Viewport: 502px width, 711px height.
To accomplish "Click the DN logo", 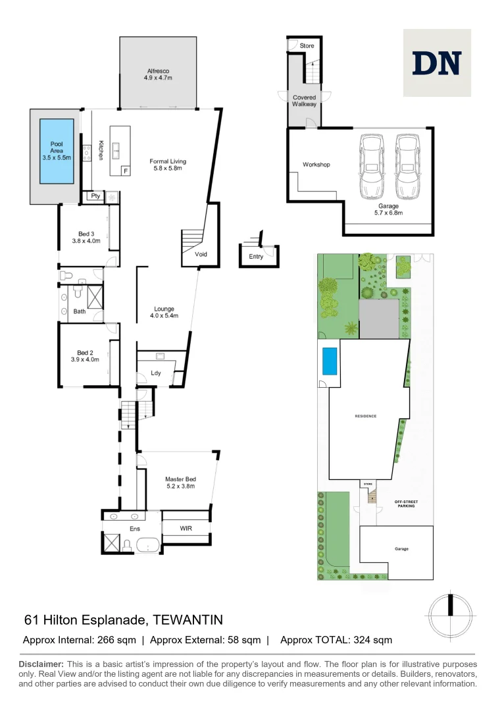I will pos(436,63).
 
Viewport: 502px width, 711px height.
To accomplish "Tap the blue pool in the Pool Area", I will pos(57,151).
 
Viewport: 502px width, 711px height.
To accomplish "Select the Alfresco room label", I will pos(158,73).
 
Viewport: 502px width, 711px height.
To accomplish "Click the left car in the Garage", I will pos(372,161).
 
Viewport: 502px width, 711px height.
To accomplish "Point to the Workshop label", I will pos(316,165).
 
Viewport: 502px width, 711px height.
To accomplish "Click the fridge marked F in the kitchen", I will pos(126,171).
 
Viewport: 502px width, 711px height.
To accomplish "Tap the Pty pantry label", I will pos(95,196).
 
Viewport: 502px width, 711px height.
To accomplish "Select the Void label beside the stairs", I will pos(201,254).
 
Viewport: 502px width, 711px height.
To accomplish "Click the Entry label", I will pos(256,257).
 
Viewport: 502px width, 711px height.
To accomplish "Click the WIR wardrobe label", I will pos(186,528).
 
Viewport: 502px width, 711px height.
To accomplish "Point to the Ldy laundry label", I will pos(156,373).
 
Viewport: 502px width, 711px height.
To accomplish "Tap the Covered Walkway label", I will pos(304,101).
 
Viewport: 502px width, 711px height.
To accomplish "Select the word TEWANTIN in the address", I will pos(188,619).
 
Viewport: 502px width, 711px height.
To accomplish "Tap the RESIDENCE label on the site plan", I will pos(366,416).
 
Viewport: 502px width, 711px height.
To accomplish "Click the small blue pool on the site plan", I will pos(329,361).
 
